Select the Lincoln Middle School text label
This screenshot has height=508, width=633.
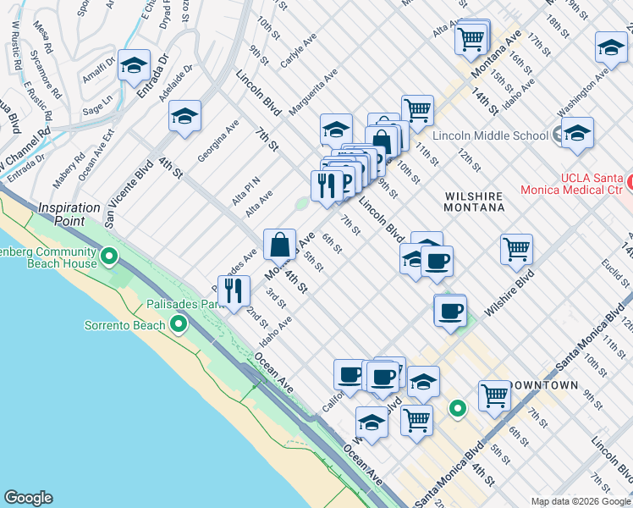tap(490, 135)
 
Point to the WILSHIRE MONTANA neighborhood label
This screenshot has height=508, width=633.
tap(475, 202)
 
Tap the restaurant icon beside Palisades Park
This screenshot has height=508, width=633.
tap(234, 290)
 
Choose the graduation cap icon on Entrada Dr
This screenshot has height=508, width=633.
tap(134, 64)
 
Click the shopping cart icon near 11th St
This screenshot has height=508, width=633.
tap(417, 109)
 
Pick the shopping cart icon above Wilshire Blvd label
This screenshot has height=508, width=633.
tap(516, 249)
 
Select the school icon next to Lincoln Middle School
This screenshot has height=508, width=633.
tap(577, 132)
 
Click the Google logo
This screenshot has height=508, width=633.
tap(28, 498)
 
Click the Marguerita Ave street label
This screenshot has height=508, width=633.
tap(312, 95)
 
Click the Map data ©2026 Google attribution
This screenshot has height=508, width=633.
tap(580, 501)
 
